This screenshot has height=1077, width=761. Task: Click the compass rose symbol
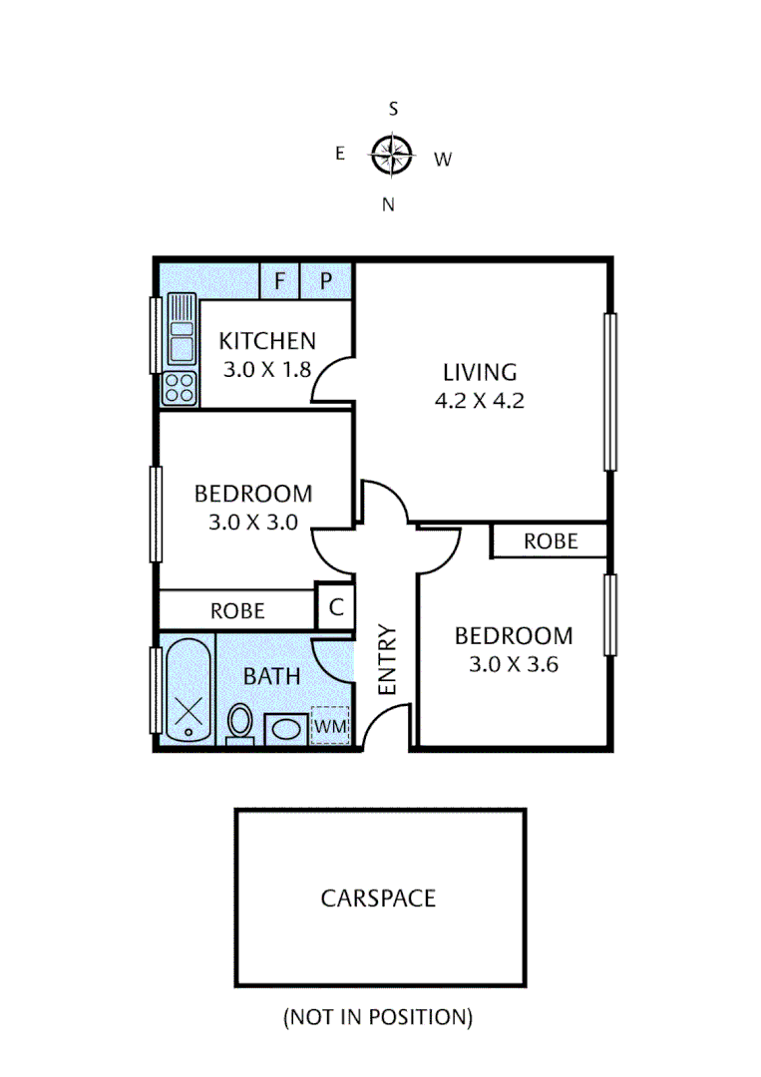click(x=392, y=155)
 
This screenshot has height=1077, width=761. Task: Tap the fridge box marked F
click(x=279, y=281)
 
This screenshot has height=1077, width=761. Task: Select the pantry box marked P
click(x=326, y=281)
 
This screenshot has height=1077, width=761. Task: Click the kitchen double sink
click(x=182, y=330)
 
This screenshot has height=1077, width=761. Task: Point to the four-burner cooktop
click(x=180, y=387)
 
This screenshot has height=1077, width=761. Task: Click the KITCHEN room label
click(x=267, y=341)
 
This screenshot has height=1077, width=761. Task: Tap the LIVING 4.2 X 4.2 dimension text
click(x=480, y=402)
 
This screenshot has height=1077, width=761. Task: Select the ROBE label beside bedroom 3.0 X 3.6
click(x=551, y=540)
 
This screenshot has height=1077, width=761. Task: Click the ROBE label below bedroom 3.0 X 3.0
click(x=237, y=610)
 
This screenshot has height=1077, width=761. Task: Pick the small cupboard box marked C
click(x=336, y=605)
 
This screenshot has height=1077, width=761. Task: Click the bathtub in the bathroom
click(x=188, y=689)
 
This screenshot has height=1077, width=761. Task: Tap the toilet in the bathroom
click(x=240, y=722)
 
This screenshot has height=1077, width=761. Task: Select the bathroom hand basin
click(x=285, y=727)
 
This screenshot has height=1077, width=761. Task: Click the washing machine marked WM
click(x=330, y=726)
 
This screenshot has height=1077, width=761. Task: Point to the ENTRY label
click(x=387, y=660)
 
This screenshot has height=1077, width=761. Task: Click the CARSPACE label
click(x=378, y=897)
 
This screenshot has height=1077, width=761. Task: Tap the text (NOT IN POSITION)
click(x=378, y=1017)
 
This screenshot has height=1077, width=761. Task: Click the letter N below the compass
click(x=389, y=204)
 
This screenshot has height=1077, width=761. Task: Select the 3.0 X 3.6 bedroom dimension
click(x=513, y=663)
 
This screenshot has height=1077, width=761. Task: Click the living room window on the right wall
click(x=609, y=391)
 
